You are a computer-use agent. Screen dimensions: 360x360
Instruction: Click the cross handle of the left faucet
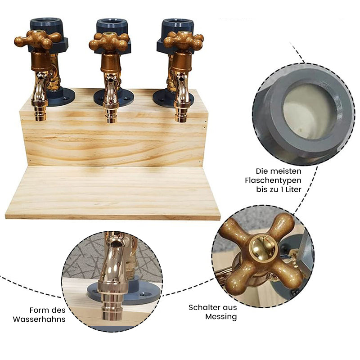coord(38,40)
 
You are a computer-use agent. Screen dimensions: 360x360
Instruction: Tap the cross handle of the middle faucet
coord(109,41)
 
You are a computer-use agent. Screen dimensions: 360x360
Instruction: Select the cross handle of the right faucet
coord(184,40)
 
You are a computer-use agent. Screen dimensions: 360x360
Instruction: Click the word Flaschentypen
coord(273,180)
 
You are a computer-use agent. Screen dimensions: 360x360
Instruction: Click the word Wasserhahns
coord(39,319)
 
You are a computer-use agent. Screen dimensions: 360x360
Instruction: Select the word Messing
coord(221,317)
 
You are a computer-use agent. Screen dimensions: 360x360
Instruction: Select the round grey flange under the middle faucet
coord(114,98)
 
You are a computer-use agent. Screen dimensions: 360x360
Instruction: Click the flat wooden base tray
coord(112,193)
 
